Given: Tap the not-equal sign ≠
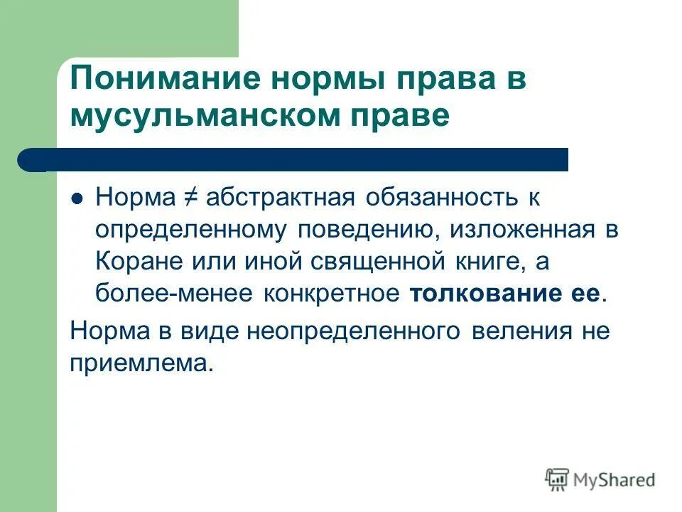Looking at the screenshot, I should (188, 198).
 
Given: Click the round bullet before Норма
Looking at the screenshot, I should (78, 199).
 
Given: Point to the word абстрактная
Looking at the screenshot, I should (280, 198).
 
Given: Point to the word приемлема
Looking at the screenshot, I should (141, 363).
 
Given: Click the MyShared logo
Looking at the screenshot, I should (600, 479).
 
